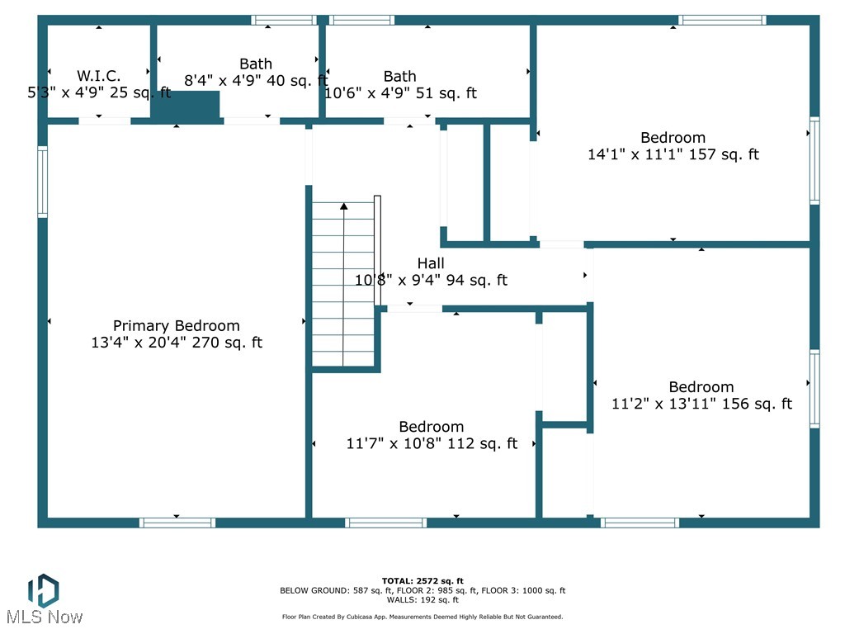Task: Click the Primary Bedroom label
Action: tap(176, 326)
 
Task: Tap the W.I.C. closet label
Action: tap(99, 75)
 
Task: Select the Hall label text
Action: tap(431, 263)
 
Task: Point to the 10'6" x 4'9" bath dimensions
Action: tap(400, 93)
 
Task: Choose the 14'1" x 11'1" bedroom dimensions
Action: tap(673, 154)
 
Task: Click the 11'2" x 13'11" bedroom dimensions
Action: tap(701, 404)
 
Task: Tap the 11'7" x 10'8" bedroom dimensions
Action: tap(431, 443)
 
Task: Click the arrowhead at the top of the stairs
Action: tap(344, 205)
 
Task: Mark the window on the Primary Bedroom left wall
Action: tap(42, 182)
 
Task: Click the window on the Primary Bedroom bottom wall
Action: tap(177, 523)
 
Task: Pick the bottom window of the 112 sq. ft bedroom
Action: tap(385, 523)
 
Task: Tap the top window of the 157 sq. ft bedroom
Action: tap(722, 20)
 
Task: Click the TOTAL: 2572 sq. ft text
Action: tap(422, 580)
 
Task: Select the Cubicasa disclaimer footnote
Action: tap(422, 617)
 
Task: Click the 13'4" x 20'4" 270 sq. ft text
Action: tap(176, 343)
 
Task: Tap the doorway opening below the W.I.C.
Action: tap(104, 121)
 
